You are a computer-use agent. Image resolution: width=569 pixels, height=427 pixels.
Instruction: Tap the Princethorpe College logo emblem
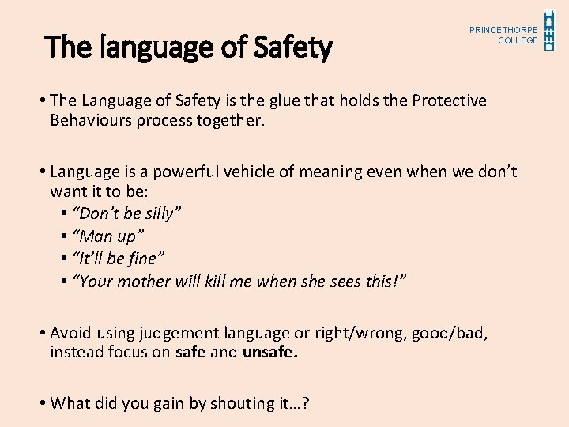(x=549, y=30)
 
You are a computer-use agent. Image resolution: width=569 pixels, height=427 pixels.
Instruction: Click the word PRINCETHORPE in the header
(x=503, y=30)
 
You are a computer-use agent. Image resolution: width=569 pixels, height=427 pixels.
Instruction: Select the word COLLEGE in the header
(x=518, y=40)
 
